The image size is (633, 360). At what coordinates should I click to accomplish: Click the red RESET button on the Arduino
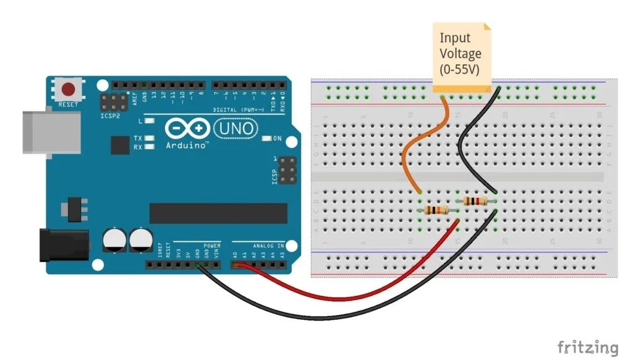(x=69, y=88)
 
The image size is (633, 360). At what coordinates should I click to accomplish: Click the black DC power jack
(x=62, y=244)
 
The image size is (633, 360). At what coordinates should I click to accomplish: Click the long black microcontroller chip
(x=218, y=213)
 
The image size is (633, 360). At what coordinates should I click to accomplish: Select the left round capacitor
(x=114, y=240)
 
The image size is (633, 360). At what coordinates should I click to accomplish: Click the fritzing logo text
(x=587, y=347)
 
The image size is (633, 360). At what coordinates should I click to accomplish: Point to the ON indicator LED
(x=266, y=138)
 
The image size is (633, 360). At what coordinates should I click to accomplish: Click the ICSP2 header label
(x=111, y=115)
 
